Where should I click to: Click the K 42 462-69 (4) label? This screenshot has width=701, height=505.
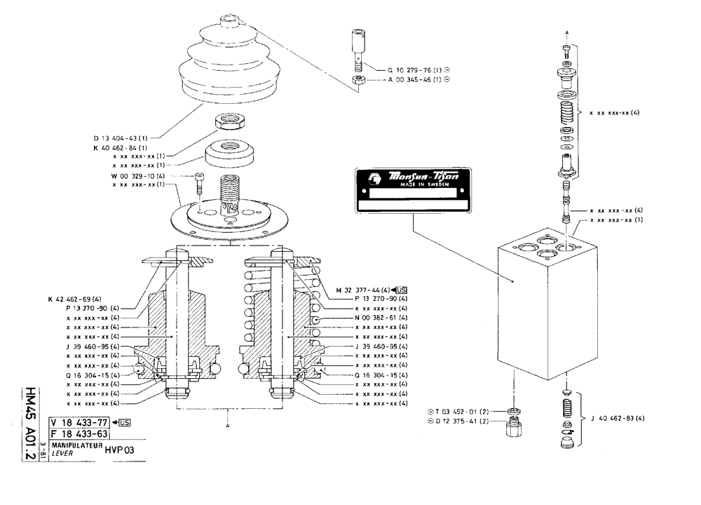point(75,299)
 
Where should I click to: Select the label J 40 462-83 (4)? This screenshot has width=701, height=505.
point(616,419)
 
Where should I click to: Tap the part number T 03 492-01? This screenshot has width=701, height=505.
point(465,410)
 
